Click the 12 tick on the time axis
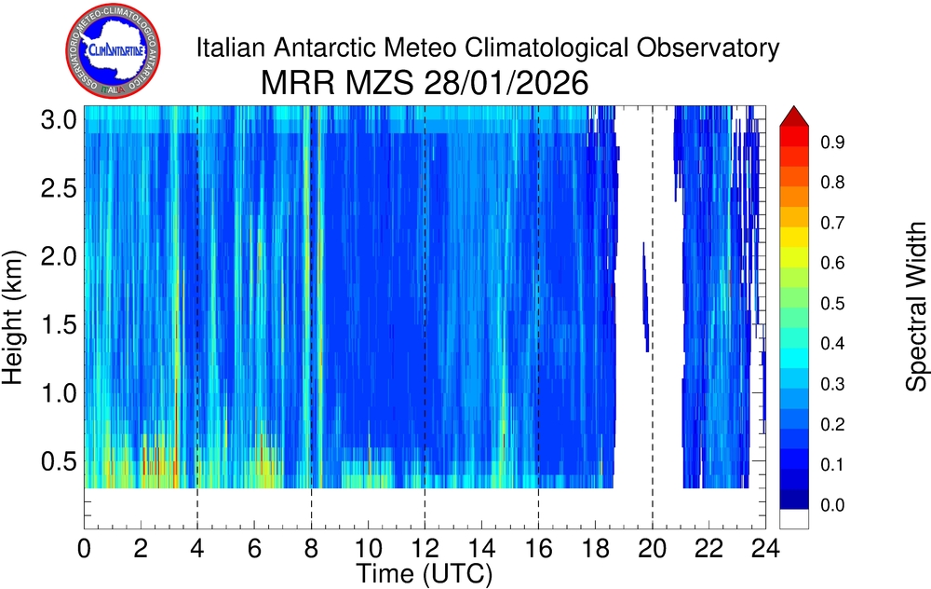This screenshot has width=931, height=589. (425, 548)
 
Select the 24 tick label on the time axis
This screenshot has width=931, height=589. (765, 548)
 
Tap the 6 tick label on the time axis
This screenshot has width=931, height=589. (255, 548)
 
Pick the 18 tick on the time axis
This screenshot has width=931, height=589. (595, 548)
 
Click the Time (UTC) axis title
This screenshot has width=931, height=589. (425, 569)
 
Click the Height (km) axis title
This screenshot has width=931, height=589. (16, 317)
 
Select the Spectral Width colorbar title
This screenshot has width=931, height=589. (917, 307)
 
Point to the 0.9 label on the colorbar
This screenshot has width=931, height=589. (832, 144)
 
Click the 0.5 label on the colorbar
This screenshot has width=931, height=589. (832, 304)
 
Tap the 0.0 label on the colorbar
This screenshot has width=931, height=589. (832, 505)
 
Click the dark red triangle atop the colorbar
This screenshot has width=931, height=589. (794, 115)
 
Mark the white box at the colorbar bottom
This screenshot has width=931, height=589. (794, 519)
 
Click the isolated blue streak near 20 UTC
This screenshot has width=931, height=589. (644, 296)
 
